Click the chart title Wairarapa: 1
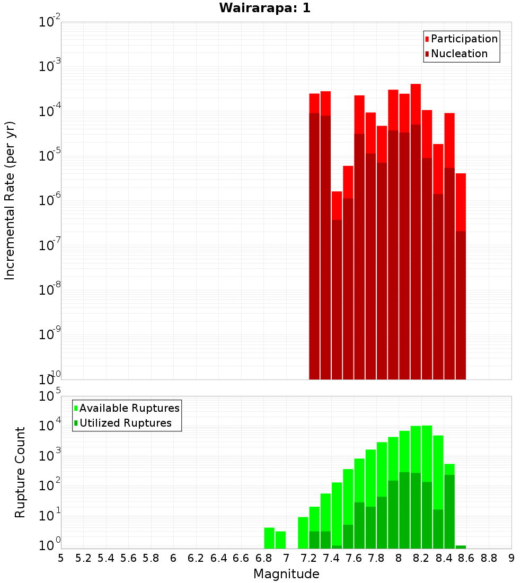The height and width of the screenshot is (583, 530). coord(265,8)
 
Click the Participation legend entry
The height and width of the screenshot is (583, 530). coord(464,39)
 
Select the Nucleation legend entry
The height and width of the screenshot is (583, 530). coord(458,54)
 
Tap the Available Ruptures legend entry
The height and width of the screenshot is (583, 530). coord(129,408)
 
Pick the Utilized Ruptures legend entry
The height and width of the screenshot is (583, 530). coord(125,423)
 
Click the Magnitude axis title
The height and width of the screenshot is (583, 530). coord(286,574)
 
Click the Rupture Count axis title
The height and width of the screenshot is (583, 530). coord(20,472)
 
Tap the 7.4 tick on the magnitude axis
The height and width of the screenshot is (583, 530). coord(331,558)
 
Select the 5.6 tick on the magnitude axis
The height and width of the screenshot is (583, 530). coord(128,558)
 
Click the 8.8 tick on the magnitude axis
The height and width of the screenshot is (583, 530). coord(489,558)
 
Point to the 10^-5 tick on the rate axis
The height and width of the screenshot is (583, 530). coord(50,156)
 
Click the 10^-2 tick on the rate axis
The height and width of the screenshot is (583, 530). coord(50,22)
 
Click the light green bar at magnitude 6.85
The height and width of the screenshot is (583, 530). coord(269,538)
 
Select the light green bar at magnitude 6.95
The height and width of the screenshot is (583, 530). coord(280,540)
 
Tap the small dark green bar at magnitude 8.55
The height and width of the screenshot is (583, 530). coord(461,547)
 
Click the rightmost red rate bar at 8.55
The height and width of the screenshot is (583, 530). coord(461,276)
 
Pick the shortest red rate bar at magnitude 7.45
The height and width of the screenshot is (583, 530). coord(337,286)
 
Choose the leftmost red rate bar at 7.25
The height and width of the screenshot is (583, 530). coord(314,238)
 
